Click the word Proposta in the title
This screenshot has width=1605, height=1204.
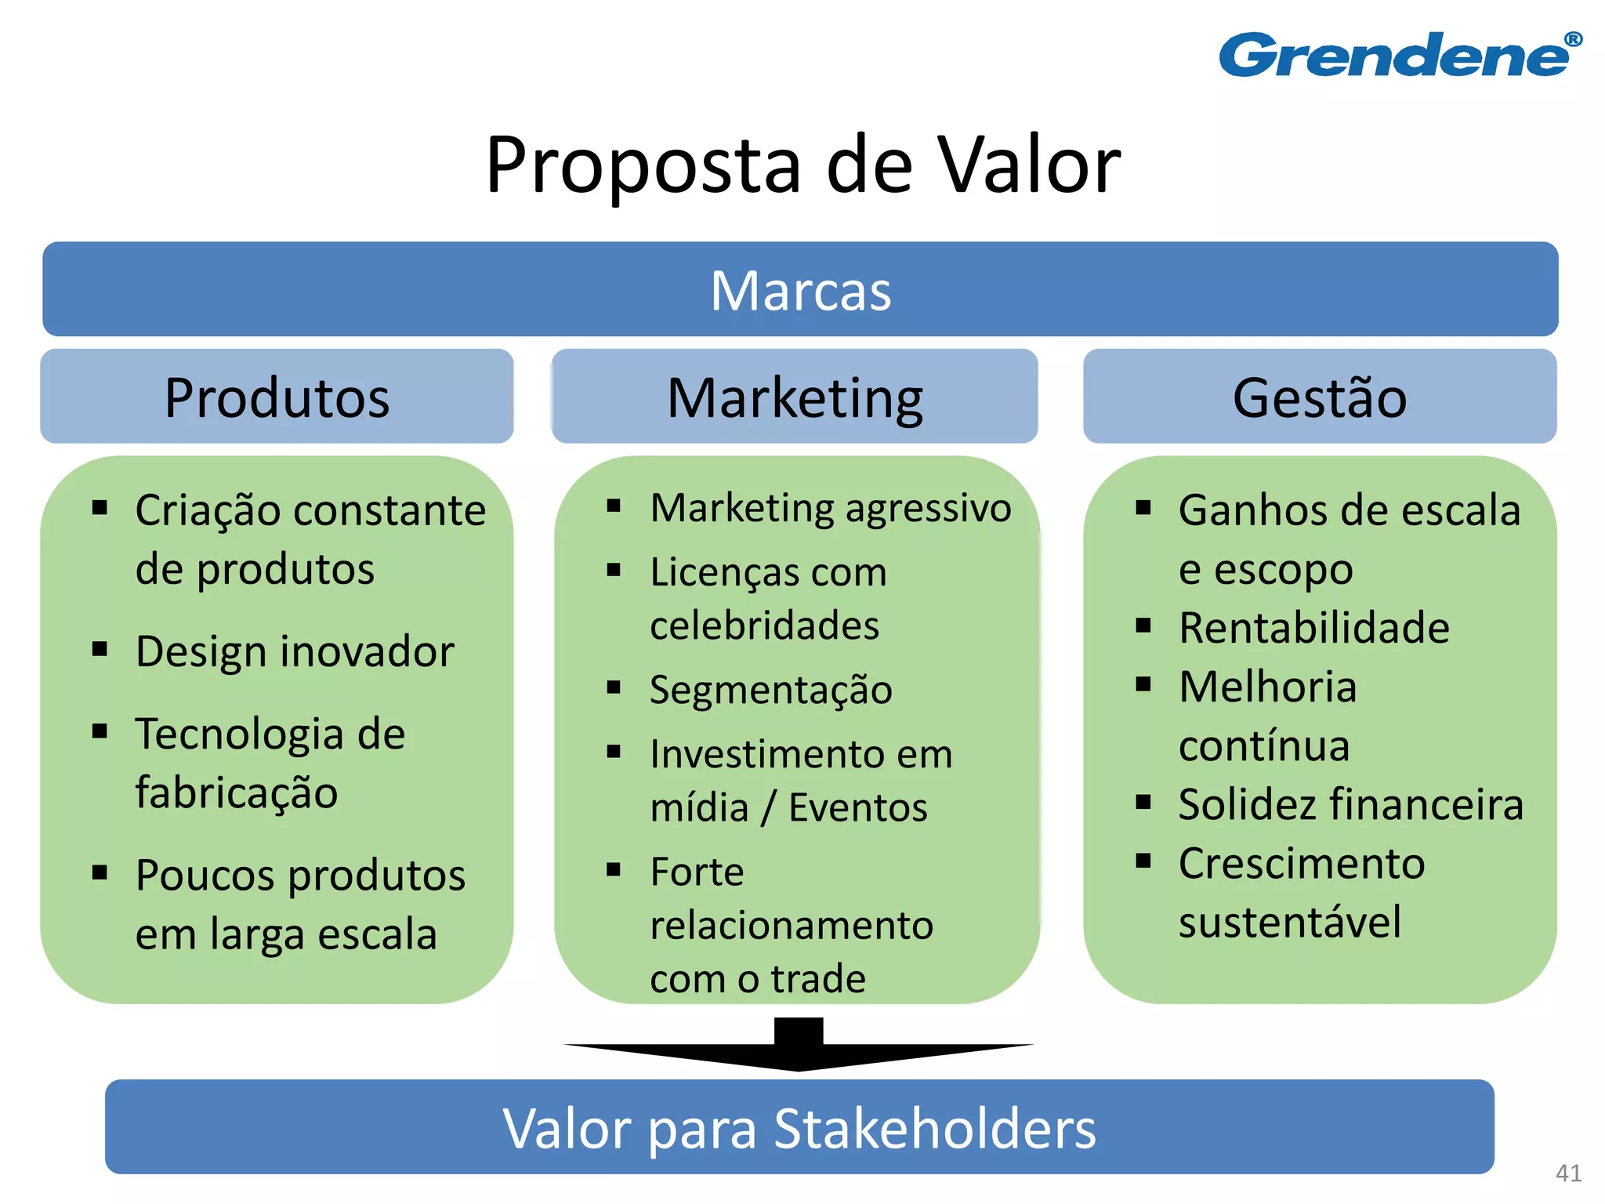[x=643, y=166]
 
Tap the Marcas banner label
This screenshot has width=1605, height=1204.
[x=800, y=291]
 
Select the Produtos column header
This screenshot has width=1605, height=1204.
[x=277, y=397]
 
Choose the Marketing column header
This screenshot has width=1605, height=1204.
[x=795, y=398]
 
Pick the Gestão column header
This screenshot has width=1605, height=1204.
[x=1320, y=397]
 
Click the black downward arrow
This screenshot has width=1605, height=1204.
[x=799, y=1046]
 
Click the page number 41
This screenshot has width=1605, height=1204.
[x=1568, y=1173]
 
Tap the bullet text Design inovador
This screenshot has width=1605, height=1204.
[x=295, y=651]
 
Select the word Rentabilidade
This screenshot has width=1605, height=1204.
[x=1314, y=628]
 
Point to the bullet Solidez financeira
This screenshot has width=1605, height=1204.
[x=1351, y=804]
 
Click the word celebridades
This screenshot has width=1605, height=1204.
[x=765, y=626]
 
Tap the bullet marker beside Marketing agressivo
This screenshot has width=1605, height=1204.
[x=614, y=506]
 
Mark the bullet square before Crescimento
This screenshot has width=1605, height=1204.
[x=1143, y=861]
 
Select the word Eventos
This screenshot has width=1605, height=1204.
[x=858, y=807]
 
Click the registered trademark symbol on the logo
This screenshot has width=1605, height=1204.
[x=1573, y=39]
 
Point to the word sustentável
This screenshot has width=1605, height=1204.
[x=1290, y=922]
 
